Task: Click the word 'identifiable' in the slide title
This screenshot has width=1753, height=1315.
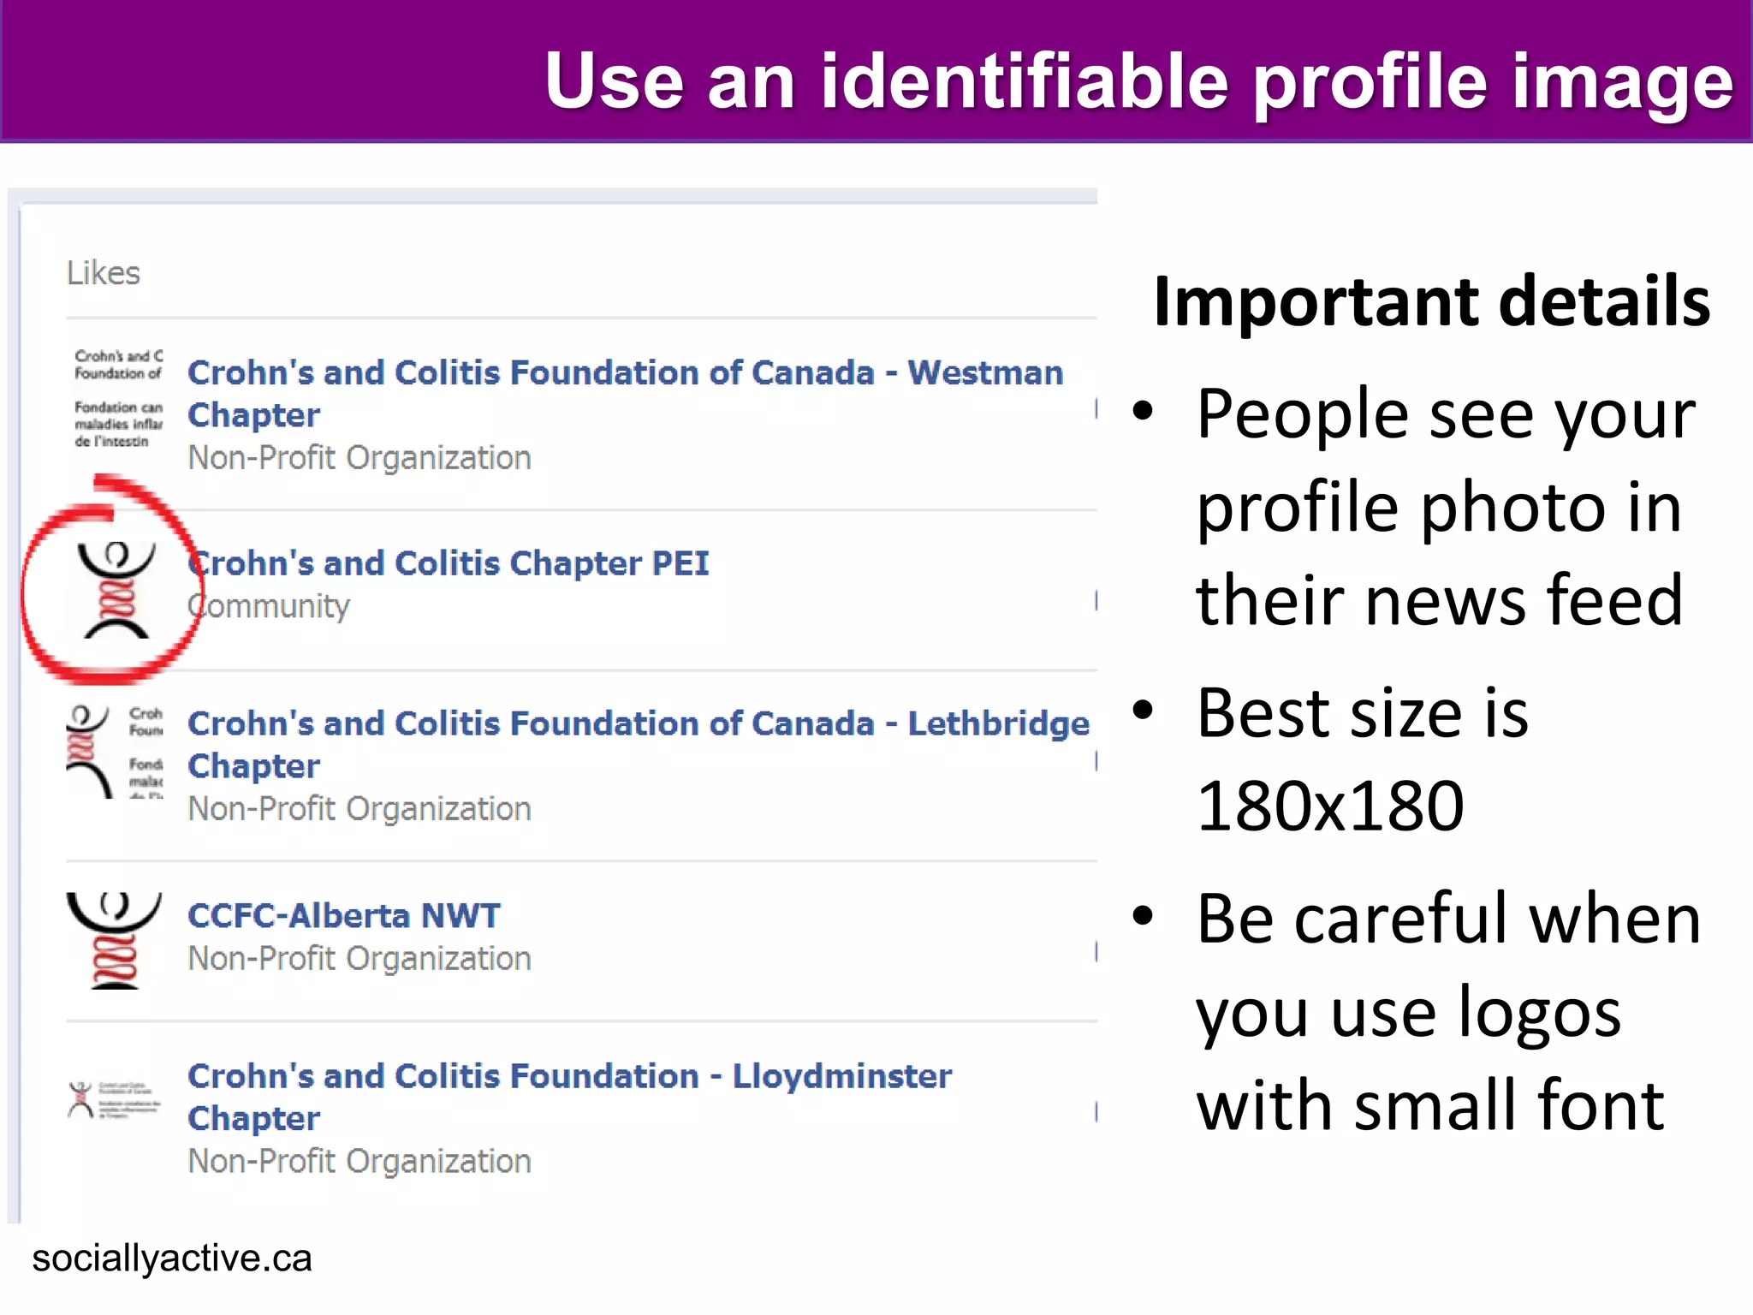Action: tap(1025, 81)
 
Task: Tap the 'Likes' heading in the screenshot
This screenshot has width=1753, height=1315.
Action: tap(103, 273)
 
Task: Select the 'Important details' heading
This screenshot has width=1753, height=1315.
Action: tap(1431, 301)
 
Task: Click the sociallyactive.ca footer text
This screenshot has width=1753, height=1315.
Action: tap(172, 1258)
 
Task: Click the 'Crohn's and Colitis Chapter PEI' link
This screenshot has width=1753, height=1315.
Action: tap(449, 563)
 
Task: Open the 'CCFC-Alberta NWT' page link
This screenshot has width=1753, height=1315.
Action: tap(344, 916)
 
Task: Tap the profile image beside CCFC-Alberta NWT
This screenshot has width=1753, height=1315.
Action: tap(114, 941)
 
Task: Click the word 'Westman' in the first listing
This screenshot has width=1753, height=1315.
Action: tap(985, 373)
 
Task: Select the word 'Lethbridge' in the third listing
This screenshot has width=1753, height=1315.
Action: tap(998, 724)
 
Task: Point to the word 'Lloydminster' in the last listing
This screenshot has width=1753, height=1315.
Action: tap(842, 1076)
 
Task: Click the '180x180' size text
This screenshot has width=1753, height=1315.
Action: tap(1330, 806)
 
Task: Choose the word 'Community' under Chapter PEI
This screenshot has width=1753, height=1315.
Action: tap(269, 606)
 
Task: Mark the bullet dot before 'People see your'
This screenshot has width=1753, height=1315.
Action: tap(1143, 412)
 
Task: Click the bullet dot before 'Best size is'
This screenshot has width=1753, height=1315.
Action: tap(1143, 710)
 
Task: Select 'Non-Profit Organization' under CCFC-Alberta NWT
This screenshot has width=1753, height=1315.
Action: tap(360, 959)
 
